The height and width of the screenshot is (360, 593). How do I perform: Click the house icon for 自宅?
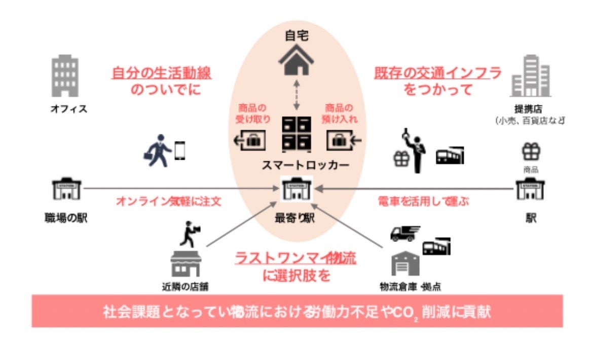coord(296,60)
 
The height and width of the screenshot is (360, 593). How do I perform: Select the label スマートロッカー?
coord(298,166)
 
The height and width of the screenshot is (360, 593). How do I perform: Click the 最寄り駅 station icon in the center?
coord(297,190)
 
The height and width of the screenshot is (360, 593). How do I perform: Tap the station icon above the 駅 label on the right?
coord(530,189)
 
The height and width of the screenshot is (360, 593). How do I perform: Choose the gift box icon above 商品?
coord(531,152)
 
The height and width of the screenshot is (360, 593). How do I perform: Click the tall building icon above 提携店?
coord(530,76)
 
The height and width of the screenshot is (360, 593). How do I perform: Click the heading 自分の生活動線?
coord(162,73)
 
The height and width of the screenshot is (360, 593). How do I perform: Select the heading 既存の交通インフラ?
coord(438,73)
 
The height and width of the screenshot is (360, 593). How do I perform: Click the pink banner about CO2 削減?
coord(297,310)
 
